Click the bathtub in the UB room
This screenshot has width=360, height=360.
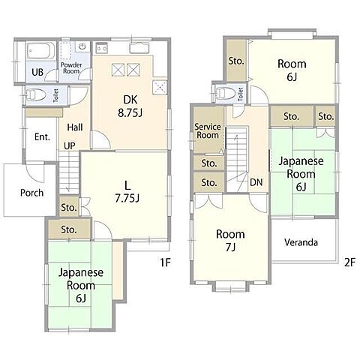pos(40,51)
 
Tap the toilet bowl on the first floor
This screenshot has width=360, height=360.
pos(36,95)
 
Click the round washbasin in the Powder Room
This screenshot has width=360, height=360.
pos(82,46)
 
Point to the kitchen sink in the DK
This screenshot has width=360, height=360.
pos(139,48)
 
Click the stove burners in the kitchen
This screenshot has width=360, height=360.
pos(101,47)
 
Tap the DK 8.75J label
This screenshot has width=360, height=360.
pos(130,106)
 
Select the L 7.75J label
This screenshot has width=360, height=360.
pos(127,192)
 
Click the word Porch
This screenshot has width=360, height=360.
pos(31,193)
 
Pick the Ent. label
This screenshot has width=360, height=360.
pos(42,136)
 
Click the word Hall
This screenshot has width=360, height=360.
pos(75,127)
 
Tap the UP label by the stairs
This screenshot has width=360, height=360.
pos(69,145)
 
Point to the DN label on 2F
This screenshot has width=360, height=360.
pos(256,182)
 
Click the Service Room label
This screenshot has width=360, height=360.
pos(208,131)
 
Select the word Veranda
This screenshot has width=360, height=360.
pos(301,242)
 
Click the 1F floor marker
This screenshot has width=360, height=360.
pos(165,262)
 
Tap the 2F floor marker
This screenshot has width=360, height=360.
pos(349,262)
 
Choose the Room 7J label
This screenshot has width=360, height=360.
pos(230,241)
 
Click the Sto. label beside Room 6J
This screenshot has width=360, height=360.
pos(236,61)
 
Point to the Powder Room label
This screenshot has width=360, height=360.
pos(71,68)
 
